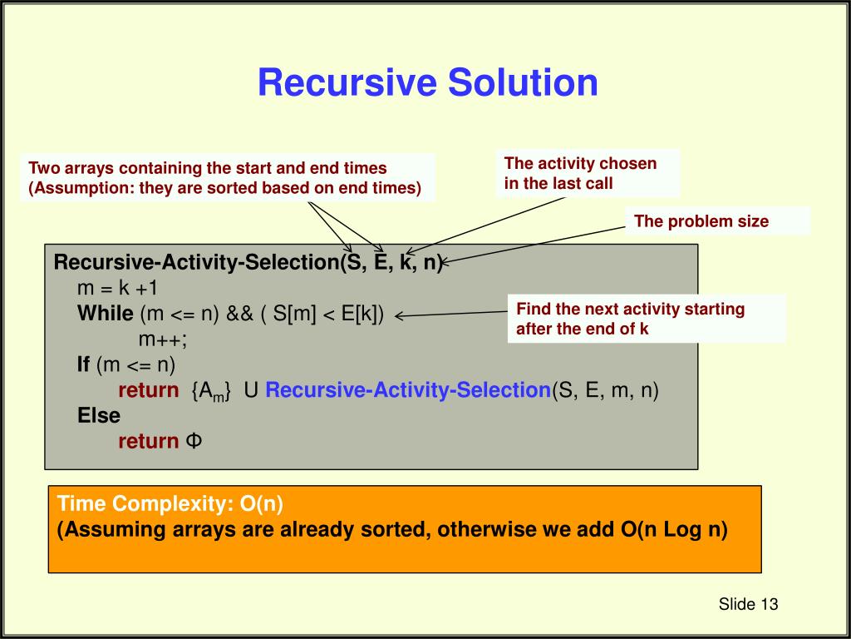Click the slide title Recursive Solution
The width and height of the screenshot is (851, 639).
point(427,82)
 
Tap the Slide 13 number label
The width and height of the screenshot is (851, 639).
point(748,604)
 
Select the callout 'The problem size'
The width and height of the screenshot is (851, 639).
point(701,221)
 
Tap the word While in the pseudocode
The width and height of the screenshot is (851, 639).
point(105,314)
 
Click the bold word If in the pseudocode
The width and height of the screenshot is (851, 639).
point(84,364)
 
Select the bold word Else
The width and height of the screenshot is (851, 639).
point(99,415)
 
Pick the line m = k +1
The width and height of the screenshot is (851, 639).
point(117,288)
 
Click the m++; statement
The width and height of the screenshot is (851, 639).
point(162,339)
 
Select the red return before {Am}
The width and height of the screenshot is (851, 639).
point(148,390)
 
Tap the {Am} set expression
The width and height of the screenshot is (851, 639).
point(210,391)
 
